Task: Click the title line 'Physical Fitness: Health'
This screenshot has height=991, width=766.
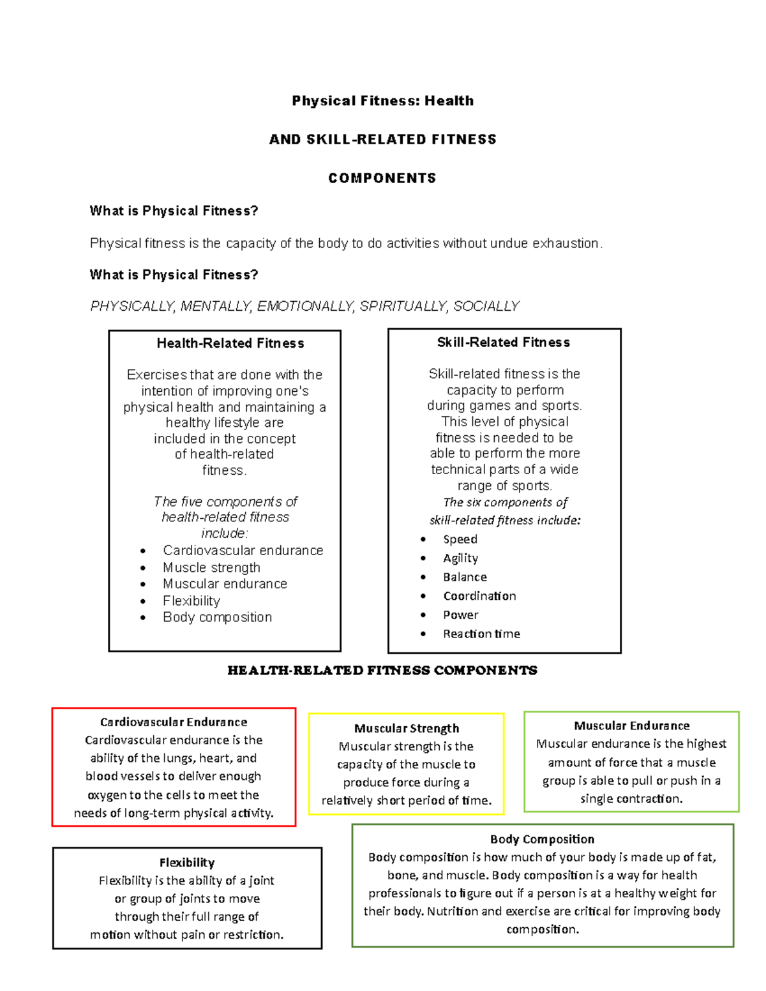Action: [382, 101]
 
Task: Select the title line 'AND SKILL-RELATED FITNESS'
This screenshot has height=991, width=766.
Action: [382, 140]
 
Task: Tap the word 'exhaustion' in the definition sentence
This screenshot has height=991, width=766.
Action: [566, 243]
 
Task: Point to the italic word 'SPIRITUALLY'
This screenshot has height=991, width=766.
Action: [404, 307]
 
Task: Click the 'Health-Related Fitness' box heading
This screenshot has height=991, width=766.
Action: [230, 343]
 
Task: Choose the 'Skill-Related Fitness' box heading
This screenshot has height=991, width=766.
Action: [503, 343]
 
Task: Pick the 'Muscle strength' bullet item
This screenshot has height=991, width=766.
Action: [211, 567]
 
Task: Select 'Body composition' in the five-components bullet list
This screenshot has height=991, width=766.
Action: [217, 617]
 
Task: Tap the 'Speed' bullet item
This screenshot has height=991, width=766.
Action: [460, 539]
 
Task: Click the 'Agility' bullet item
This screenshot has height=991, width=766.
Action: [460, 558]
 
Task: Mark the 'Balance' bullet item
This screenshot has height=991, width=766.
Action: [465, 577]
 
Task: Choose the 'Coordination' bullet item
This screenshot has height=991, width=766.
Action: [479, 596]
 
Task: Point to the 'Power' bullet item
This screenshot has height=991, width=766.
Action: [460, 615]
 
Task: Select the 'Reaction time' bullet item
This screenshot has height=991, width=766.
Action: [481, 634]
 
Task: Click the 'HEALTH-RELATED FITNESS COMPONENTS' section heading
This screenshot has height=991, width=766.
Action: [382, 671]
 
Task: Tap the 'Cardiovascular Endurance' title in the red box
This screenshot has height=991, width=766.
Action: [174, 722]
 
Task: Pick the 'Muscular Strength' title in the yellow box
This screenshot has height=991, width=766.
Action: [407, 729]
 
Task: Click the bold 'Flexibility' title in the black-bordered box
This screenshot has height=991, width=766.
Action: [187, 863]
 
